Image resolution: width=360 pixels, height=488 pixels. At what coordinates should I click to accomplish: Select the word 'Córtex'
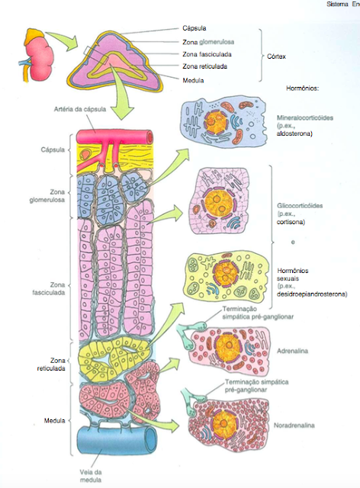[x=286, y=56]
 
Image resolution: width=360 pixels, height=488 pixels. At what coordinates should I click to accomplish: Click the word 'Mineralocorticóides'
[x=305, y=120]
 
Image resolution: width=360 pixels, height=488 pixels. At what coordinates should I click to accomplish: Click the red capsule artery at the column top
[x=114, y=136]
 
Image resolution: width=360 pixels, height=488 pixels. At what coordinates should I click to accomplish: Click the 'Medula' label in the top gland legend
[x=194, y=79]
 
